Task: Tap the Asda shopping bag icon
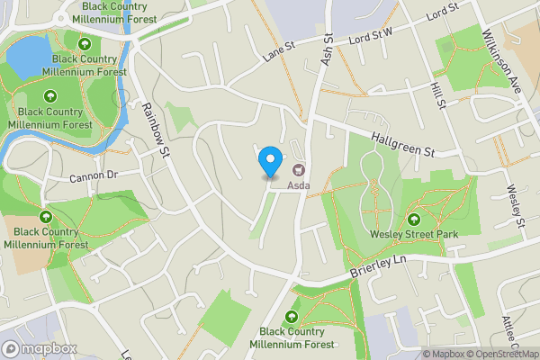tap(299, 169)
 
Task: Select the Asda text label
tap(299, 185)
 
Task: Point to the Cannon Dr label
tap(94, 175)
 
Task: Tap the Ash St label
tap(327, 49)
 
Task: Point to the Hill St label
tap(438, 94)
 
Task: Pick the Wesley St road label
tap(514, 206)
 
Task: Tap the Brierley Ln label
tap(378, 265)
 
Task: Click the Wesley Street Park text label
tap(415, 235)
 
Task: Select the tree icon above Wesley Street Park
tap(415, 219)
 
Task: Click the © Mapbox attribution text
tap(445, 353)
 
